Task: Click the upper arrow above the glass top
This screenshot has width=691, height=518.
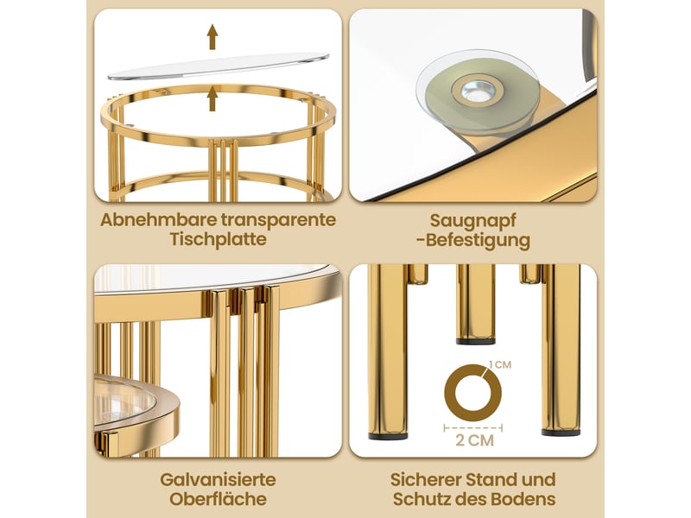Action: coord(212,36)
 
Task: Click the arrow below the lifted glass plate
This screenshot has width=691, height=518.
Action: coord(212,98)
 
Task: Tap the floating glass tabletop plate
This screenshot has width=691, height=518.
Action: coord(219,66)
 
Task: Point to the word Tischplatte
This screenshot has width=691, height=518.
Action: coord(219,240)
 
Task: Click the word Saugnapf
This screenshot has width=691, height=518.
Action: coord(472,221)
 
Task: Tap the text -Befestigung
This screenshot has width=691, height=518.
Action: coord(472,241)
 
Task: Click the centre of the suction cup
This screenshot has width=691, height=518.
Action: coord(479,91)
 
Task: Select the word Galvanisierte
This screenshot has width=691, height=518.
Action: coord(219,479)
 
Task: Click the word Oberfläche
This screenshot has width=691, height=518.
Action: coord(219,499)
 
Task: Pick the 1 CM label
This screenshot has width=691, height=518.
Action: coord(500,364)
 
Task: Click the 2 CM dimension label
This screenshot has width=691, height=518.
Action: coord(474,440)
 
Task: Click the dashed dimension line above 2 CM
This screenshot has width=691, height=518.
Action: coord(473,427)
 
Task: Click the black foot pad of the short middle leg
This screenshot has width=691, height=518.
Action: coord(476,341)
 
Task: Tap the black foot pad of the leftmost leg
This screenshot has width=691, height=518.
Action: coord(388,437)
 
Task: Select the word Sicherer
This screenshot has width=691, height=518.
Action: coord(425,479)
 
